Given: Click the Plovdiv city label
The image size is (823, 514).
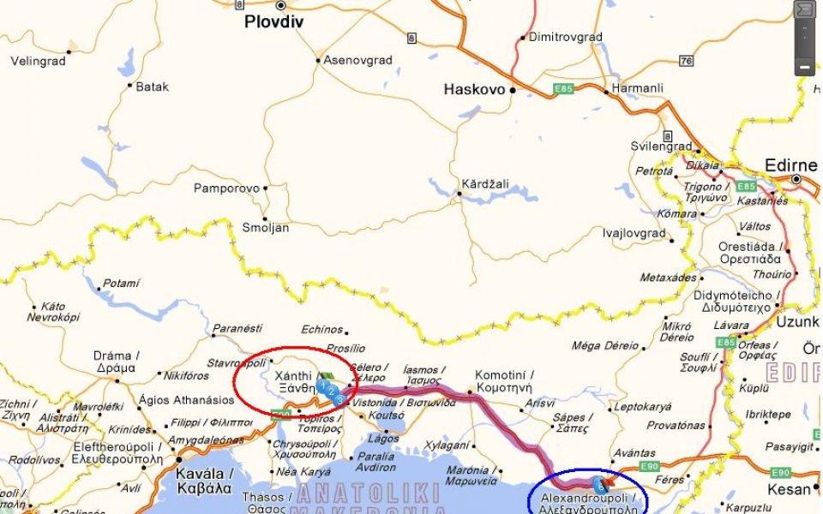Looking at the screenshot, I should point(273,22).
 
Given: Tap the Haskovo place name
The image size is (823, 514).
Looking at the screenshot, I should point(474,89).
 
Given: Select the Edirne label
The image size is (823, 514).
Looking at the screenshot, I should point(790,165).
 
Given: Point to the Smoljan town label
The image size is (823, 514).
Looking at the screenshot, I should point(266,228).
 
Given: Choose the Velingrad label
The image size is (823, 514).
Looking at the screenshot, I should point(38,61).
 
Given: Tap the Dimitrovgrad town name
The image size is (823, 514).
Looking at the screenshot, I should point(565,37).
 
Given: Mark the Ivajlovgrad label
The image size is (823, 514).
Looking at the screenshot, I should point(634,233).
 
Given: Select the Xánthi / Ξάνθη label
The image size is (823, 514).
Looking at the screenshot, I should point(294,382).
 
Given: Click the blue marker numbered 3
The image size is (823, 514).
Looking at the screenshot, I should point(339,400).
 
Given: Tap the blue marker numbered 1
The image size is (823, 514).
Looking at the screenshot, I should point(321,386).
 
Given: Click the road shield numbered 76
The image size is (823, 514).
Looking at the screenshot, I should point(685,61).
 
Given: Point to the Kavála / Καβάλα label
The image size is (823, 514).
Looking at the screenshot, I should point(203,481).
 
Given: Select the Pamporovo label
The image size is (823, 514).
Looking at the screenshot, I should point(226,188).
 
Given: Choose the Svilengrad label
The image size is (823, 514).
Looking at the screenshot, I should point(661,146).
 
